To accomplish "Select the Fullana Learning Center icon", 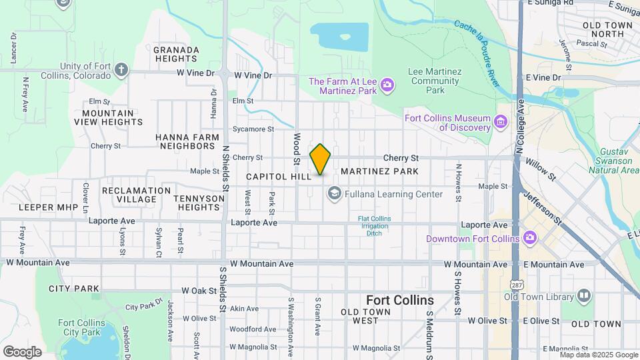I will tap(334, 194).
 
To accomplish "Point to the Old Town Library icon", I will tap(584, 295).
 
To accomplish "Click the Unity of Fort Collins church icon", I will tap(121, 70).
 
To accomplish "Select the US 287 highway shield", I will tap(517, 285).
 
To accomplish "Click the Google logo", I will tap(22, 351).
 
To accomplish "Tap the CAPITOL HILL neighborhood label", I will tap(278, 177).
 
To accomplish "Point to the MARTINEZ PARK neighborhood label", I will tap(379, 171).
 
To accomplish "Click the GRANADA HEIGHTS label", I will tap(176, 54).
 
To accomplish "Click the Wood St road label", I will tap(297, 149).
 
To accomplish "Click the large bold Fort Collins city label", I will tap(399, 300).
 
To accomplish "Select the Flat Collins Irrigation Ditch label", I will tap(378, 226).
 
